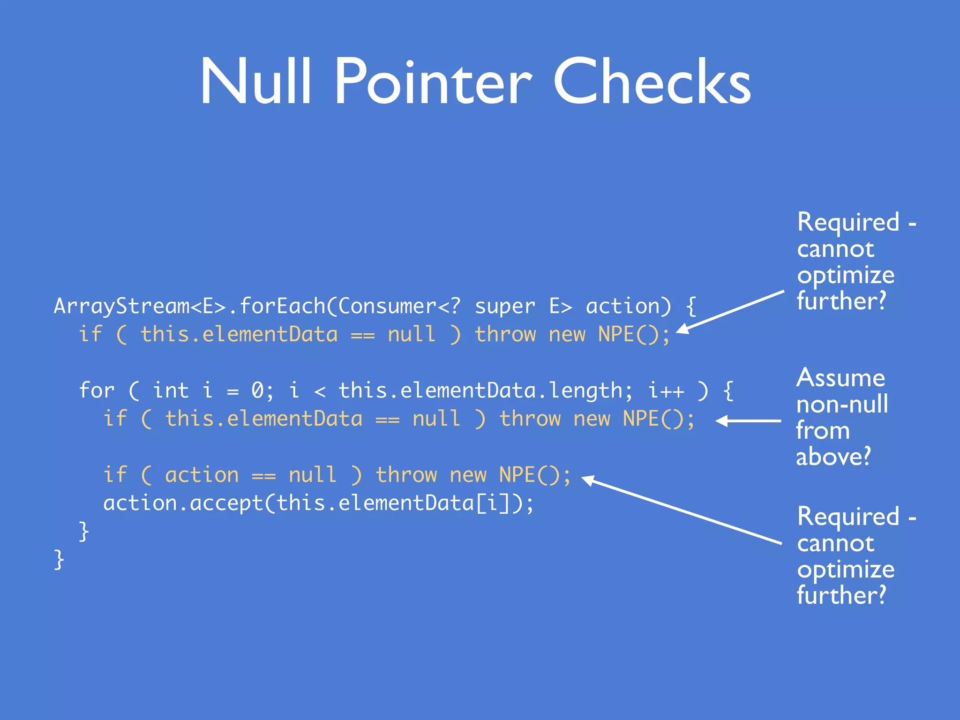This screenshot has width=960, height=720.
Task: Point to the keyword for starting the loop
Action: tap(97, 390)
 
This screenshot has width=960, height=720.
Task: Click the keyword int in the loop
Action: tap(171, 390)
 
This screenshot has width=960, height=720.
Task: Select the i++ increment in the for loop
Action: tap(666, 390)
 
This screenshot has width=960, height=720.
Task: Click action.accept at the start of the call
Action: tap(183, 503)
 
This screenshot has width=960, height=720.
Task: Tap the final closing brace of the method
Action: tap(59, 559)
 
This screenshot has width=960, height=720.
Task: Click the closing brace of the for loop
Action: tap(84, 531)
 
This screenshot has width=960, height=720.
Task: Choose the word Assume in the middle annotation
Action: tap(840, 378)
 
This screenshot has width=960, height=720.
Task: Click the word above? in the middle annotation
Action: tap(833, 457)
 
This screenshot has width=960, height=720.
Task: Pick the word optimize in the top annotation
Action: tap(846, 275)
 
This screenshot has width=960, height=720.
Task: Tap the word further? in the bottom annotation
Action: tap(841, 595)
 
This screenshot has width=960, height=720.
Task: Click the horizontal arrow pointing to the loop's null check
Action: tap(749, 421)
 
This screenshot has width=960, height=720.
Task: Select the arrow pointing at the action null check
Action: tap(682, 510)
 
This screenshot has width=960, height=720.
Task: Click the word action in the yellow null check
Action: tap(202, 475)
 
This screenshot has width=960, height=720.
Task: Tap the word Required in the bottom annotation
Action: tap(848, 517)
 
